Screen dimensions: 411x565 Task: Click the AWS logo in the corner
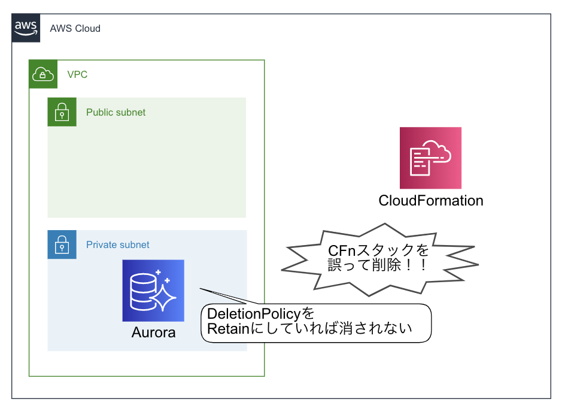point(26,28)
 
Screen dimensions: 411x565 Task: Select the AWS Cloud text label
point(75,28)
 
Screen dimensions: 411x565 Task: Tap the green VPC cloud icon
point(43,74)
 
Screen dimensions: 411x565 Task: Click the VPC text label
point(77,75)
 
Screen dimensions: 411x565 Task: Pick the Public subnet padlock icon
point(62,112)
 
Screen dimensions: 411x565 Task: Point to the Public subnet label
point(116,112)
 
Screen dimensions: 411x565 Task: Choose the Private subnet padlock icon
point(62,244)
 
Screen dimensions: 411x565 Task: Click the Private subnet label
point(118,244)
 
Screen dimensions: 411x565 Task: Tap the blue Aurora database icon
point(153,291)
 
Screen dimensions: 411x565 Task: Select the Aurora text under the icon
point(153,332)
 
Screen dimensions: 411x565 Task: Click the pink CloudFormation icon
point(430,158)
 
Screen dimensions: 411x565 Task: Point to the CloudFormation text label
point(430,200)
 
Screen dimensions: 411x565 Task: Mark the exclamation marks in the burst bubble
point(418,265)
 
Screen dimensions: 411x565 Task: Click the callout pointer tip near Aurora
point(201,290)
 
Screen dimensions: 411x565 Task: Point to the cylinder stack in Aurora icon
point(143,291)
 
